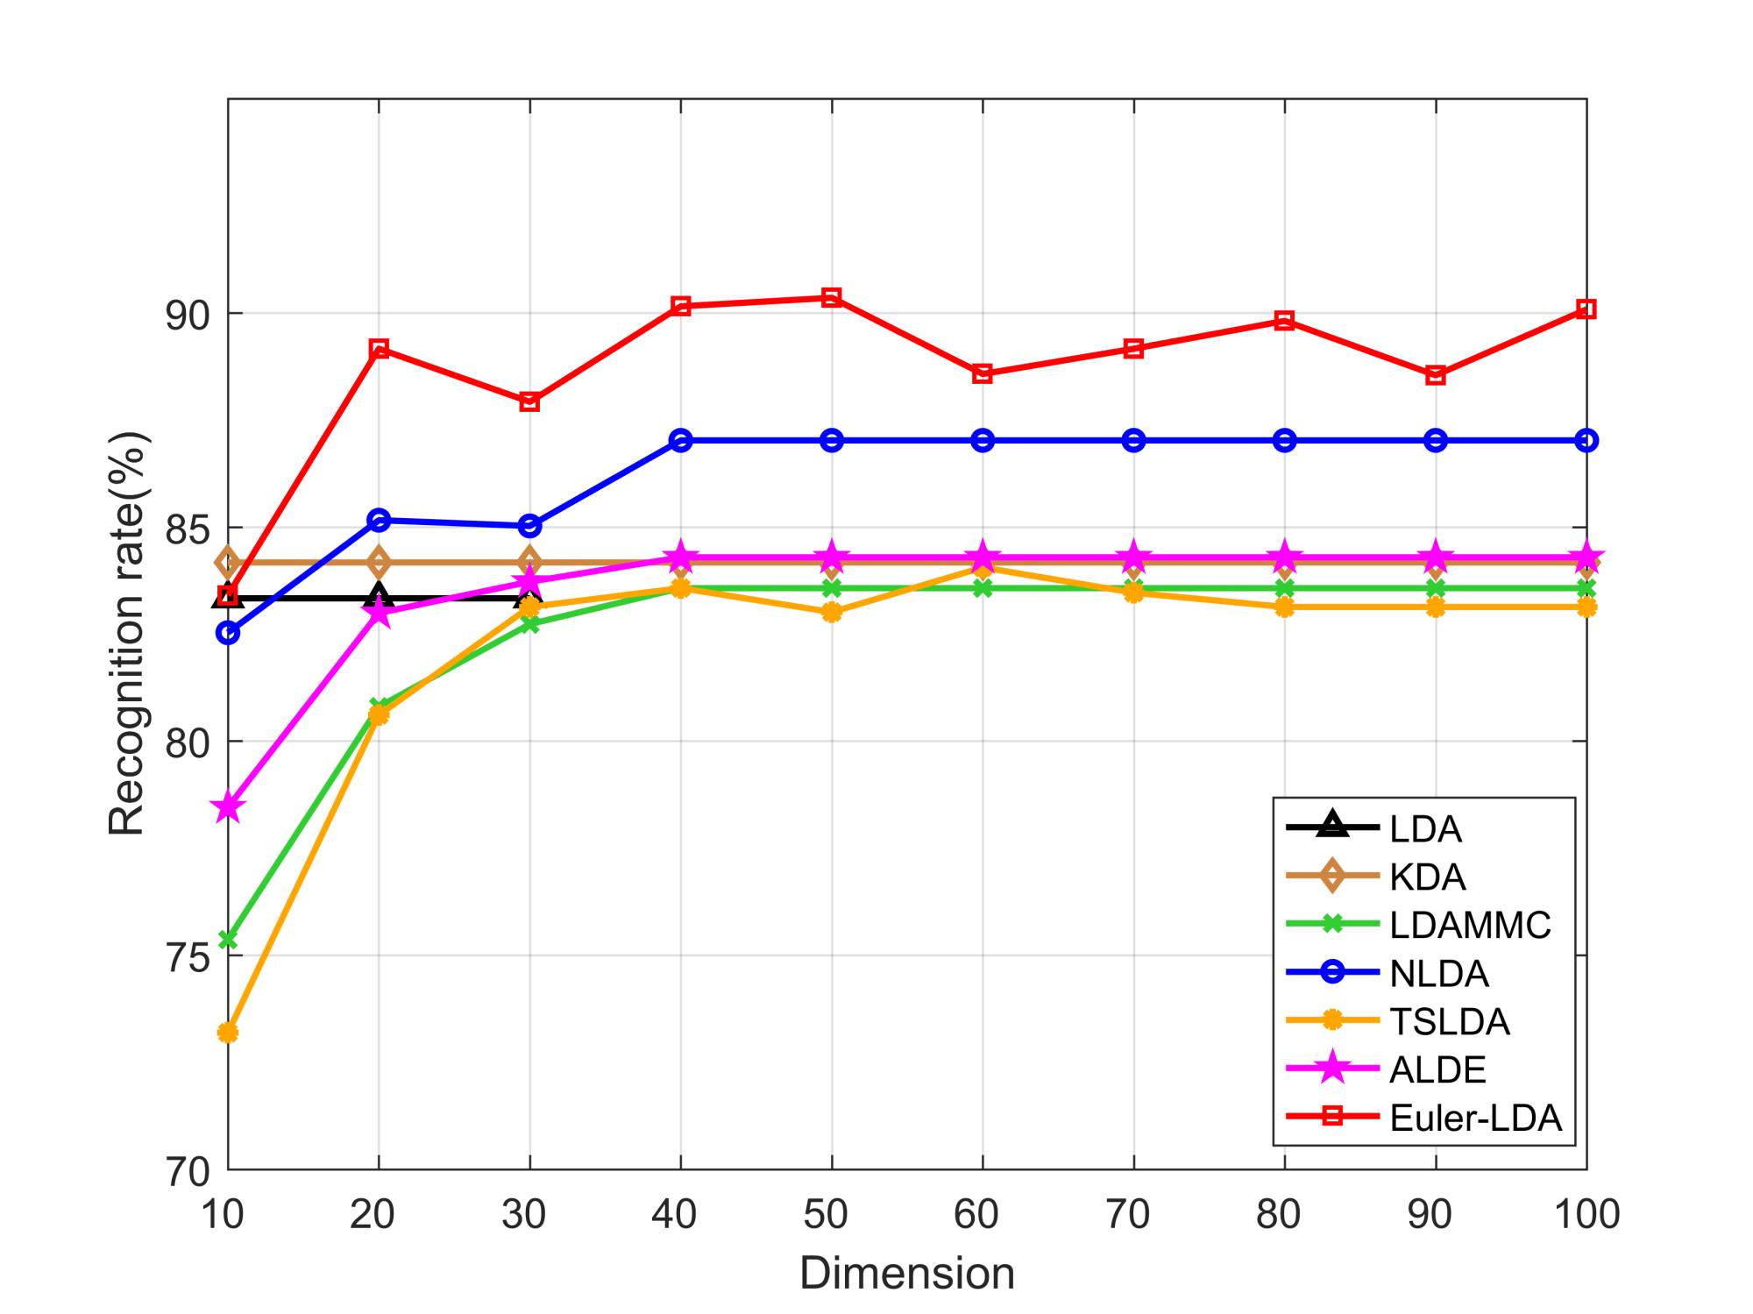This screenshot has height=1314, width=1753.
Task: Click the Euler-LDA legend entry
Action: click(x=1475, y=1118)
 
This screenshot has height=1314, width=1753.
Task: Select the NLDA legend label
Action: click(x=1438, y=973)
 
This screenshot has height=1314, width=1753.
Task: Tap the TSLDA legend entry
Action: click(x=1449, y=1021)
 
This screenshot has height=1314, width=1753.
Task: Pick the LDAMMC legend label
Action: click(x=1470, y=925)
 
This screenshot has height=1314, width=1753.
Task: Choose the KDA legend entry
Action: click(x=1427, y=877)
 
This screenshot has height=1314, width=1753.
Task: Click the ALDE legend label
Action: click(x=1437, y=1069)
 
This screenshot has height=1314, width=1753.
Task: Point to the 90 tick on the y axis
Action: click(x=188, y=315)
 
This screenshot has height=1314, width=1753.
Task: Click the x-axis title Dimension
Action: click(x=907, y=1273)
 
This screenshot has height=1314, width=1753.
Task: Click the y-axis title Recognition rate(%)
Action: click(x=127, y=633)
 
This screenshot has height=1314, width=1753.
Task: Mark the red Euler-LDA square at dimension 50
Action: click(x=832, y=298)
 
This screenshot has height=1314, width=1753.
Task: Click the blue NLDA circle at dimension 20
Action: click(x=379, y=520)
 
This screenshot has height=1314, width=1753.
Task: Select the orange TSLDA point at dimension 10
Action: click(x=228, y=1033)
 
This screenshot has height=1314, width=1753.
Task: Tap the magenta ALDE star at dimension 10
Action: click(x=228, y=807)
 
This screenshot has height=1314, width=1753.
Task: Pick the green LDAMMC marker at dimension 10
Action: click(x=228, y=940)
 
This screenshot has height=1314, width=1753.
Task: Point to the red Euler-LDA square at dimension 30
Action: click(x=529, y=401)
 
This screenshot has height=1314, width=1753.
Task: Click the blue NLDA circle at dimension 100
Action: click(x=1586, y=440)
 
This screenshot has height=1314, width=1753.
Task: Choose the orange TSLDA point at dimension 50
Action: click(x=832, y=612)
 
